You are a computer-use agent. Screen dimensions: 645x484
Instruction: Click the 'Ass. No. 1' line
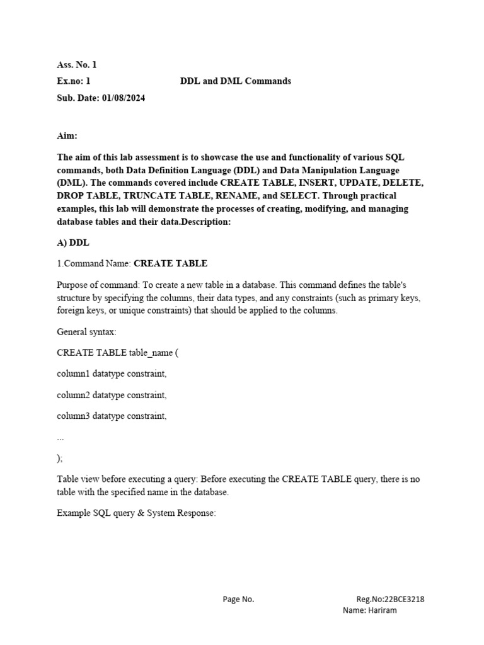click(x=77, y=64)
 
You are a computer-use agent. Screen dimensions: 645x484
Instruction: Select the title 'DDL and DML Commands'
click(x=236, y=81)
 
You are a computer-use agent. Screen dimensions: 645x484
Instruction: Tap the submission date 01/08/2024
click(x=124, y=98)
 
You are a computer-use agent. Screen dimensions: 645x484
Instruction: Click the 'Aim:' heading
click(x=67, y=136)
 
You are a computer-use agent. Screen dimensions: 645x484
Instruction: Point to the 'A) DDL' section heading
click(x=74, y=243)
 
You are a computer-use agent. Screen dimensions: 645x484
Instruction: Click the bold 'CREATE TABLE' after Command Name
click(x=170, y=263)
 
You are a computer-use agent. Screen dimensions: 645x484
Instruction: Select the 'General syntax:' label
click(x=86, y=332)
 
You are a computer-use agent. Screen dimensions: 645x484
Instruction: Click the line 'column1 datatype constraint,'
click(x=112, y=374)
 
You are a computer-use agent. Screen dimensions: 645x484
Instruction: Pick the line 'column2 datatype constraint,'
click(x=112, y=395)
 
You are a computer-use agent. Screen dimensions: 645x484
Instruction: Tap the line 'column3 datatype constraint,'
click(x=112, y=416)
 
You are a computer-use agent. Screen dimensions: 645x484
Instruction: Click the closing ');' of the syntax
click(x=60, y=458)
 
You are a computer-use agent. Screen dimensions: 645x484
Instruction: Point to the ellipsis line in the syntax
click(x=60, y=437)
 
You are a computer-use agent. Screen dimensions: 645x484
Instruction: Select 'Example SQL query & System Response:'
click(x=136, y=513)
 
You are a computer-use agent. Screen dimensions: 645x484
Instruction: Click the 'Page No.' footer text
click(x=238, y=600)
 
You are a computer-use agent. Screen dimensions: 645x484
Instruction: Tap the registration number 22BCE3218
click(x=404, y=600)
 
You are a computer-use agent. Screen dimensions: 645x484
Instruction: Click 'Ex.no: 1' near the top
click(x=74, y=81)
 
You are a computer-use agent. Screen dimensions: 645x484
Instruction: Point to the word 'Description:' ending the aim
click(x=190, y=222)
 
